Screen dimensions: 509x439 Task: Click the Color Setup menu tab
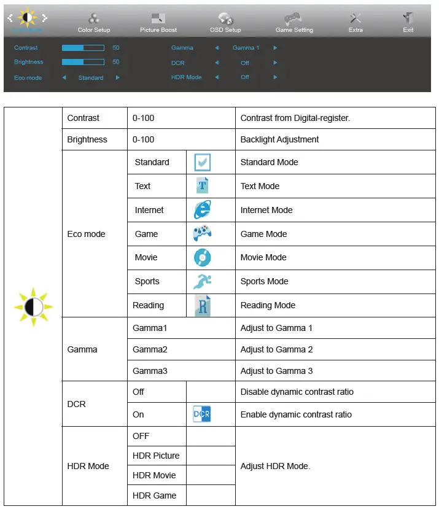(x=94, y=23)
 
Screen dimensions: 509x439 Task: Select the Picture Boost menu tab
(x=158, y=23)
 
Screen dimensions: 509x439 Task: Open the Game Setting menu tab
(x=294, y=23)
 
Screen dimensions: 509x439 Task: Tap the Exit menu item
(x=408, y=23)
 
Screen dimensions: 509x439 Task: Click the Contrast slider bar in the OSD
(x=83, y=47)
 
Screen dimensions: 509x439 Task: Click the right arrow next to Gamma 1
(x=275, y=47)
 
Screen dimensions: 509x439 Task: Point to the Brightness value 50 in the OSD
(x=116, y=62)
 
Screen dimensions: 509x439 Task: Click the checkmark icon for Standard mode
(x=202, y=163)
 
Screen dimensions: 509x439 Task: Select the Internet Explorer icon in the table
(x=202, y=210)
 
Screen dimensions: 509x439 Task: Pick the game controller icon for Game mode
(x=202, y=234)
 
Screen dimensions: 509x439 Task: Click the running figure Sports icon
(x=202, y=281)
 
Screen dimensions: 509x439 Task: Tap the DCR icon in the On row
(x=202, y=414)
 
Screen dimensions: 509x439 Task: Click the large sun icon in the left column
(x=33, y=305)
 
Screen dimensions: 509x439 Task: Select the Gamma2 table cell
(x=150, y=349)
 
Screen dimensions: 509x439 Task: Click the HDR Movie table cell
(x=154, y=475)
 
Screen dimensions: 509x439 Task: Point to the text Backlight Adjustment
(x=279, y=139)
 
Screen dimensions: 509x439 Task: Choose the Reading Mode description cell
(x=268, y=305)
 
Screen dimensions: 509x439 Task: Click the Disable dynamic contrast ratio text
(x=297, y=392)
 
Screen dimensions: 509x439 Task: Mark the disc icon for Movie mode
(x=202, y=257)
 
